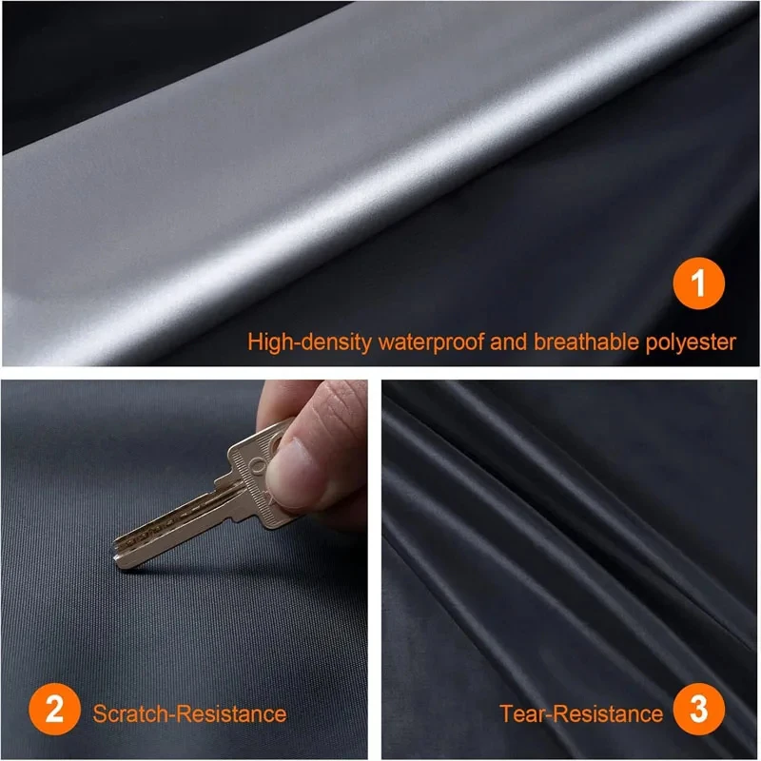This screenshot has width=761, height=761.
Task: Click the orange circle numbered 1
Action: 700,285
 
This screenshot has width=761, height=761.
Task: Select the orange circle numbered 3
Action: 700,712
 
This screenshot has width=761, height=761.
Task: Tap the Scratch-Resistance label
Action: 189,712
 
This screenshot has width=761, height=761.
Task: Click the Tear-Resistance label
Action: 581,712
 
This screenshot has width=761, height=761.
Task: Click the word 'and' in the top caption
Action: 508,341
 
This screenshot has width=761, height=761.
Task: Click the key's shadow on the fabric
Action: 190,561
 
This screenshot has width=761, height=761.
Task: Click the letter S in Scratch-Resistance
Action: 100,712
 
